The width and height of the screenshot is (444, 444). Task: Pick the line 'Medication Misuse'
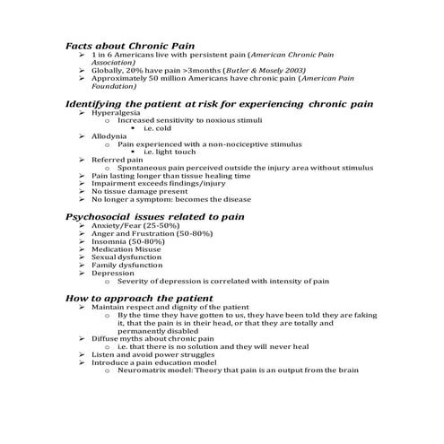[x=124, y=249]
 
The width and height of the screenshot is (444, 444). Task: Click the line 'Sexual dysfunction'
[x=124, y=257]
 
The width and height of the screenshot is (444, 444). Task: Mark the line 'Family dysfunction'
[x=124, y=266]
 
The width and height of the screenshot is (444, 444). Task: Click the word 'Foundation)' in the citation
[x=112, y=86]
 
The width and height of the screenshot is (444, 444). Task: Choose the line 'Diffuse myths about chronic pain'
[x=151, y=338]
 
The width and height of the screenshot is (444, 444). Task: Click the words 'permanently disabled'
[x=155, y=330]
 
